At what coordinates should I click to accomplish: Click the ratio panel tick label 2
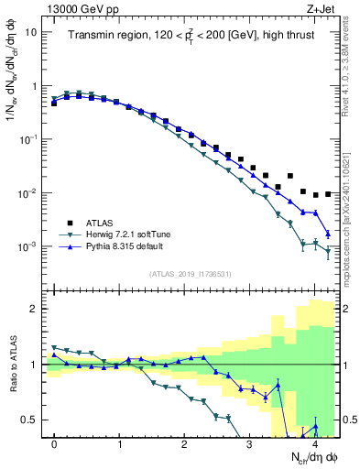[x=34, y=309]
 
